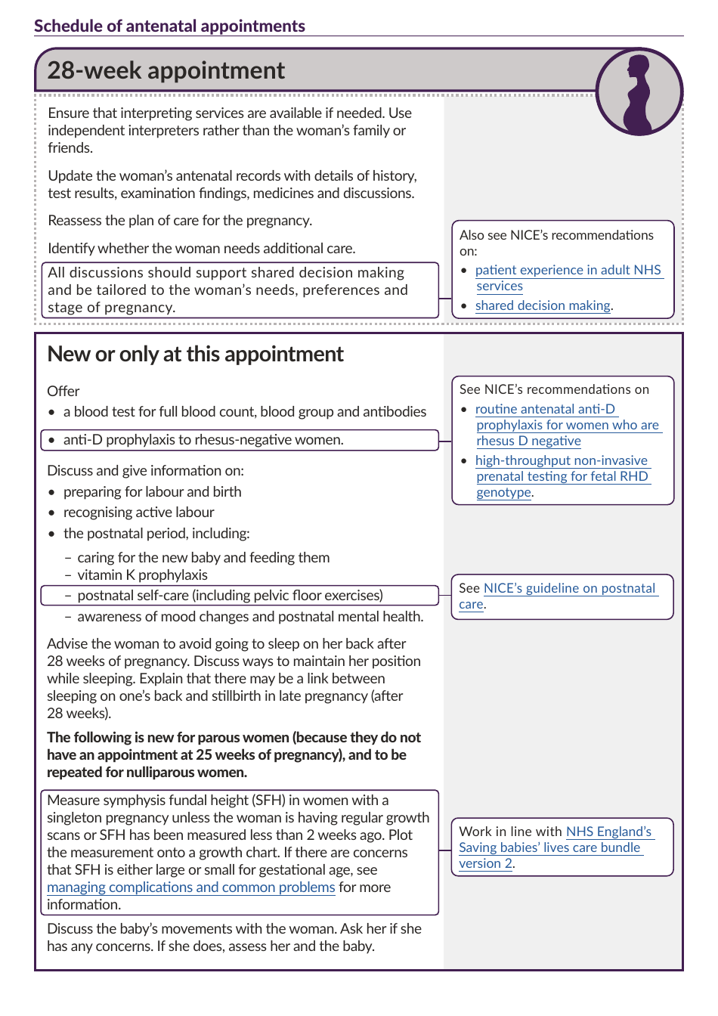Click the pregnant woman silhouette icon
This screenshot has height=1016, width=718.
639,91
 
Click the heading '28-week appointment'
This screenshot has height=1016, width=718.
166,71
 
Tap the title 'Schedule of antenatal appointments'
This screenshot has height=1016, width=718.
169,26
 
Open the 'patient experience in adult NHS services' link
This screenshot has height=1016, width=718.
568,271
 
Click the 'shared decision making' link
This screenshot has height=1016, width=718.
543,305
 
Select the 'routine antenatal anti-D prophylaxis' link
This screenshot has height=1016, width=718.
545,409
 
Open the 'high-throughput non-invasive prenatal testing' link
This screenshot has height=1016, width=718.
561,460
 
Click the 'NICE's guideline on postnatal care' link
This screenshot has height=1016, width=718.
569,588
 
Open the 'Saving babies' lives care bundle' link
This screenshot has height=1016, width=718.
549,847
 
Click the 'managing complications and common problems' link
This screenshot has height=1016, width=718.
190,887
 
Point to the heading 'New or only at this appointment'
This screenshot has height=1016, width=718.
195,355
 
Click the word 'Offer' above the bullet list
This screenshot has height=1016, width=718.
63,392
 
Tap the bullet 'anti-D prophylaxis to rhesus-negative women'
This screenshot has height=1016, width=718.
203,440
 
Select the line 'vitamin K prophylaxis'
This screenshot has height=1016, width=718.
142,575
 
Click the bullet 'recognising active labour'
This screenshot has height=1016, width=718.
138,513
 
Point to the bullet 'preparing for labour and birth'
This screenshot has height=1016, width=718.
152,492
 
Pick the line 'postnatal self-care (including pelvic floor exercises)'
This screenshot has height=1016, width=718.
230,596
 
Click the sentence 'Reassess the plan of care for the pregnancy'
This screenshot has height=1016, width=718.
180,221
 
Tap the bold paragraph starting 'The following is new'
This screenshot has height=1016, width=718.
234,754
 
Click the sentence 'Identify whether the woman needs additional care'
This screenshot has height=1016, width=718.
201,249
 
